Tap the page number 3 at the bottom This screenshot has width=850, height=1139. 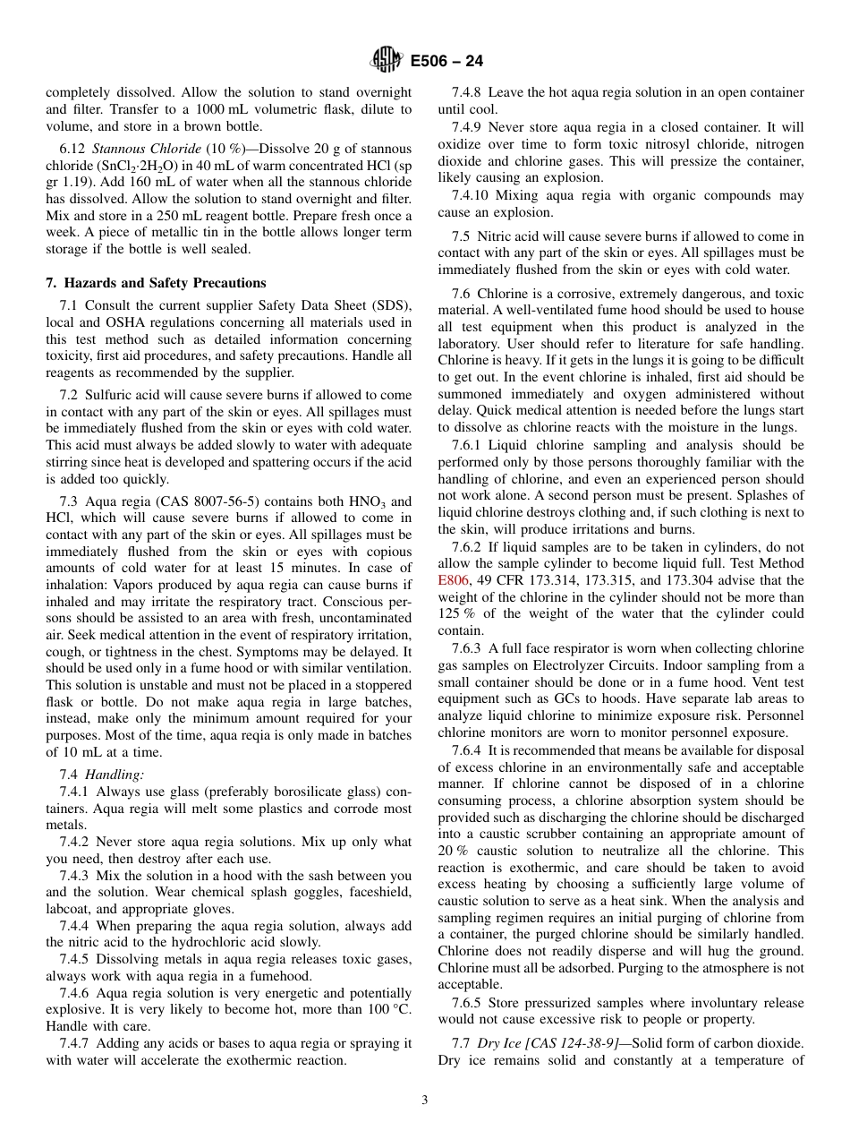[x=425, y=1100]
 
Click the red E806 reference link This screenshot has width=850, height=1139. [x=453, y=580]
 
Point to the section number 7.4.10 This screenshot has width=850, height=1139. [x=472, y=195]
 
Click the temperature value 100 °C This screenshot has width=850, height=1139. [x=387, y=1010]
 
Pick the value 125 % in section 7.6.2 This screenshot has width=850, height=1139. [x=455, y=613]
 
